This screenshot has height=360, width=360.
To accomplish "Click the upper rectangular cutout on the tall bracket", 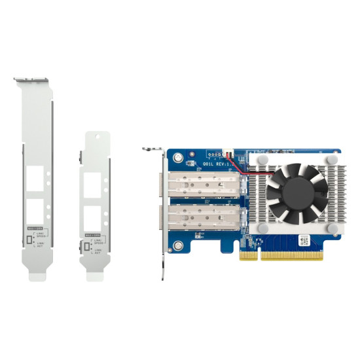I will click(x=36, y=176).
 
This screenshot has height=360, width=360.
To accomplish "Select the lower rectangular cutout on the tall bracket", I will click(x=36, y=210).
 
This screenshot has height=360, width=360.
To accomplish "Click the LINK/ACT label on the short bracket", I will click(x=98, y=251).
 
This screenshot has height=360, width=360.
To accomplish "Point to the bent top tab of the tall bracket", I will click(x=32, y=81).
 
